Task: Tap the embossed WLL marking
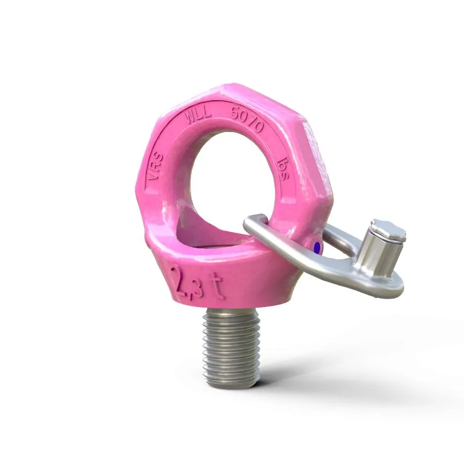[x=197, y=118]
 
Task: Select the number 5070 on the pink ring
[x=247, y=119]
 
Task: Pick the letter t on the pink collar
[x=221, y=291]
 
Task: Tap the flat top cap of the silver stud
[x=388, y=230]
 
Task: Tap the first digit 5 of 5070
[x=234, y=113]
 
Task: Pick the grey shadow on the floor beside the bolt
[x=301, y=371]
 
